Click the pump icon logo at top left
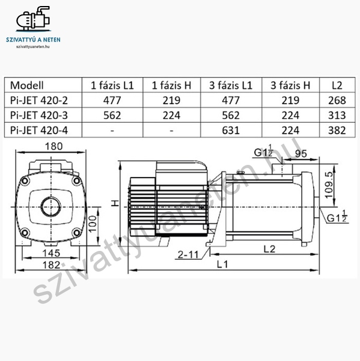33,19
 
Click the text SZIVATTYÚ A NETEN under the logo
33,40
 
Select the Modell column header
26,85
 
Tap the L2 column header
337,85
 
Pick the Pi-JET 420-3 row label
39,116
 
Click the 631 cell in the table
231,131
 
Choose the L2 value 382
337,131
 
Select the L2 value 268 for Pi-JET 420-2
337,100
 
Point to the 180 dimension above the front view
53,146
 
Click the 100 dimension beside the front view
93,224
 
